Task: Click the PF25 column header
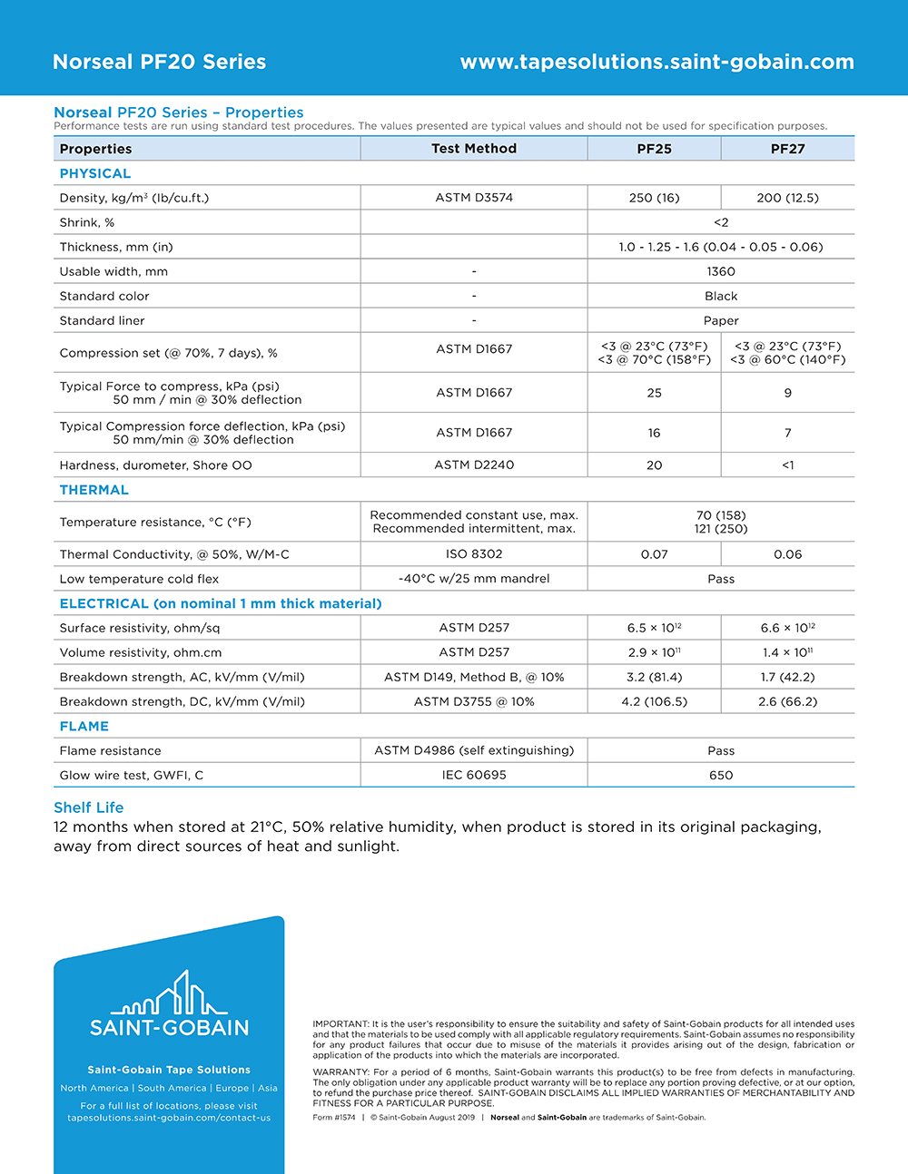(x=654, y=149)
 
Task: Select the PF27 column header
(x=787, y=149)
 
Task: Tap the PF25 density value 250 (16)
(x=654, y=198)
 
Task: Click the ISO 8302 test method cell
(x=474, y=554)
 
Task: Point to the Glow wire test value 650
(x=721, y=776)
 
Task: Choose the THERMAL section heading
(x=94, y=490)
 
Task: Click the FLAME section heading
(x=84, y=727)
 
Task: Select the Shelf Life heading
(x=89, y=807)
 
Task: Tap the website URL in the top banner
(x=656, y=62)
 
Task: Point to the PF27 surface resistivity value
(x=787, y=628)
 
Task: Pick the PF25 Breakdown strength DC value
(x=654, y=701)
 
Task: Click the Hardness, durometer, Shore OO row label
(x=156, y=465)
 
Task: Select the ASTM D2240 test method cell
(x=474, y=465)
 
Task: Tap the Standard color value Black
(x=721, y=297)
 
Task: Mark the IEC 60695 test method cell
(x=474, y=776)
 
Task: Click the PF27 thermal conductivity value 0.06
(x=787, y=554)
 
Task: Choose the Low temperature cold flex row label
(x=139, y=579)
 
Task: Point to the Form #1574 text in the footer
(x=334, y=1118)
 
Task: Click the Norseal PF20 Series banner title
(x=160, y=62)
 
